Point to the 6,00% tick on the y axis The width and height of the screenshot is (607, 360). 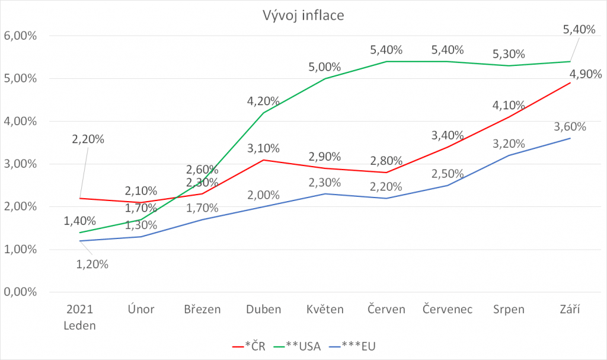(x=21, y=36)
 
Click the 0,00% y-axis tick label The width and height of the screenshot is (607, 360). (x=21, y=292)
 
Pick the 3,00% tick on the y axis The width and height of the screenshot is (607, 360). (x=21, y=164)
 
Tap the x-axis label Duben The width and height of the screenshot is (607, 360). (x=263, y=310)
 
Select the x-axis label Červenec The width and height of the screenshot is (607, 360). (x=448, y=310)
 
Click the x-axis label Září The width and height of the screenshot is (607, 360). (x=570, y=310)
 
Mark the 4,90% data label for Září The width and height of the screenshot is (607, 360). (x=586, y=75)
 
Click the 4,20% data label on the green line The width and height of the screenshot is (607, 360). (x=263, y=102)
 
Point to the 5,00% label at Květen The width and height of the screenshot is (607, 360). (x=324, y=68)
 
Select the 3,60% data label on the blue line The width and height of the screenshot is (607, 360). (x=570, y=127)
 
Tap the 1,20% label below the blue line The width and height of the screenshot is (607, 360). (x=92, y=265)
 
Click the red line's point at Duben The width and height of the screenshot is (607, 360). (x=263, y=160)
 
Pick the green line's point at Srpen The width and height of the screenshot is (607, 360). (x=509, y=65)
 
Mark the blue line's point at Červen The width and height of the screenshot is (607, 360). (x=386, y=198)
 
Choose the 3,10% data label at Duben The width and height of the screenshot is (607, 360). (x=263, y=148)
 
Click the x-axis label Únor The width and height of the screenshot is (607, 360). (x=140, y=310)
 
